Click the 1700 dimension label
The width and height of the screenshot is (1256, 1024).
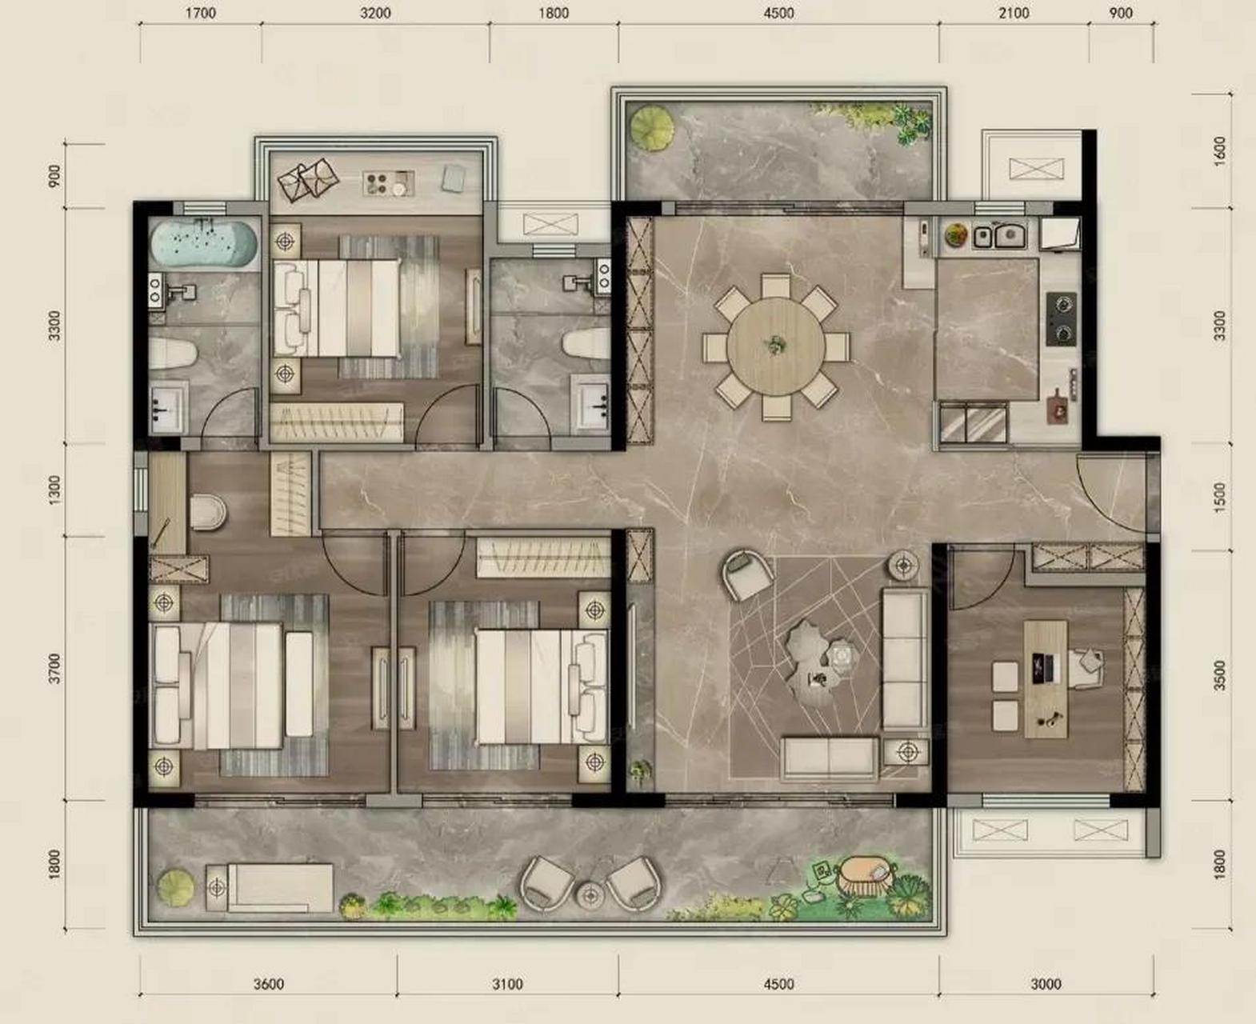(200, 13)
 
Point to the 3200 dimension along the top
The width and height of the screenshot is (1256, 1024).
(375, 13)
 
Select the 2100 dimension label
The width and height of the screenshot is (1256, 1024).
(1014, 13)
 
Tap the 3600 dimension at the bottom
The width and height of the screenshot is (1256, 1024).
(269, 983)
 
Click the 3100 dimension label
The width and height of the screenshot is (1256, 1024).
(507, 983)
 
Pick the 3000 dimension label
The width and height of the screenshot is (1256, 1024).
(1046, 983)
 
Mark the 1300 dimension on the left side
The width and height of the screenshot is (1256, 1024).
(54, 490)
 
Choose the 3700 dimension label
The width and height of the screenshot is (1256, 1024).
(54, 668)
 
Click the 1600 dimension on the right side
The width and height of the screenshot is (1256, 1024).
(1219, 151)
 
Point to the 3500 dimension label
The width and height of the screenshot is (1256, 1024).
(1219, 675)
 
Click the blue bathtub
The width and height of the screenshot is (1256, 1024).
(203, 244)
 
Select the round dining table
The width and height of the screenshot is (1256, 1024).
(776, 346)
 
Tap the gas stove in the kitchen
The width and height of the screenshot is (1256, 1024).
(1062, 318)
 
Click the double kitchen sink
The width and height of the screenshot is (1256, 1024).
(999, 236)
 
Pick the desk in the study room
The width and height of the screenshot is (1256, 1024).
(1046, 679)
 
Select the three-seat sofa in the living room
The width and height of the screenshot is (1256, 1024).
(904, 659)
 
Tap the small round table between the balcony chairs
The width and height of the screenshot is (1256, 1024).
(590, 895)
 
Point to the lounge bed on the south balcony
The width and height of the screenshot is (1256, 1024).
(270, 887)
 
